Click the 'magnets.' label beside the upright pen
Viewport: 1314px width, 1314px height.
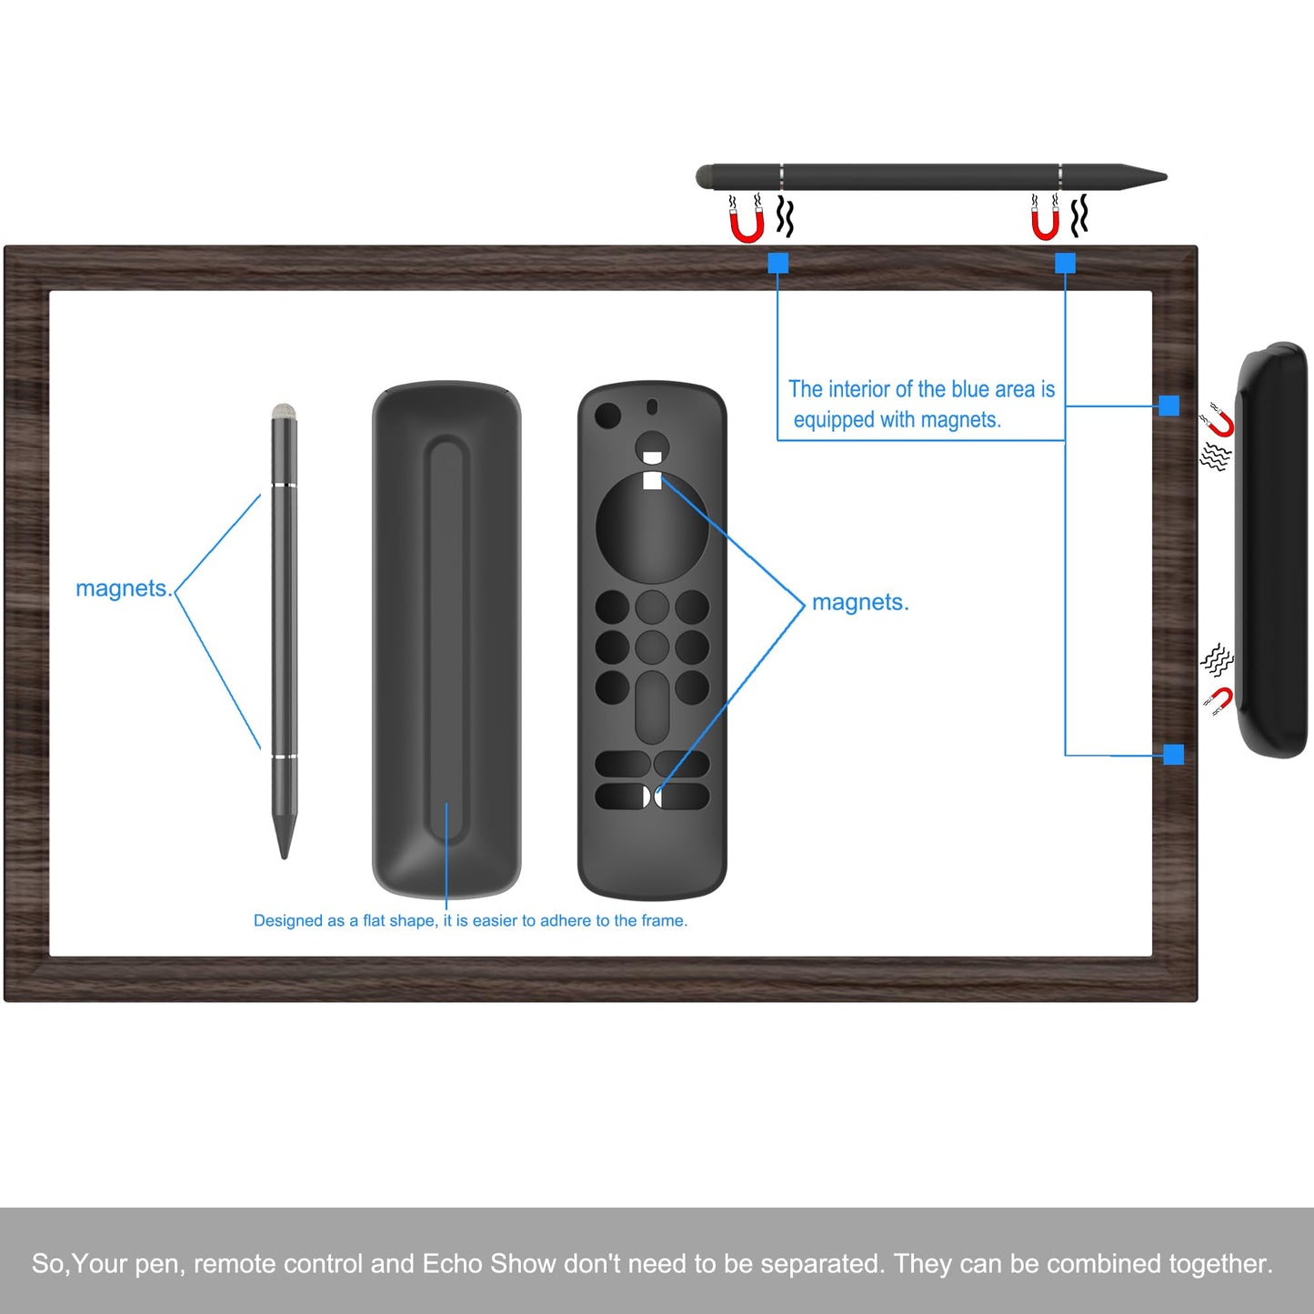tap(124, 588)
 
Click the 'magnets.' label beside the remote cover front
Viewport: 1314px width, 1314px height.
tap(859, 602)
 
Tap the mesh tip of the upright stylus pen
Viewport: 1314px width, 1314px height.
tap(284, 411)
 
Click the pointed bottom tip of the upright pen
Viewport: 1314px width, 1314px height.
tap(284, 852)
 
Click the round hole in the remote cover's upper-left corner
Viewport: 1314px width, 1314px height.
tap(607, 416)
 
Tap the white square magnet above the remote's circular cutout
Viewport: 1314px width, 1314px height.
tap(652, 480)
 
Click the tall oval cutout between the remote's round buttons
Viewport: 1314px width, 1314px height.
tap(652, 707)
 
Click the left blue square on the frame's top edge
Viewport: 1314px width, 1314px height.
tap(777, 263)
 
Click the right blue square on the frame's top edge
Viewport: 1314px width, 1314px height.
tap(1065, 263)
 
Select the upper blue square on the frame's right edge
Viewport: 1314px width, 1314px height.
tap(1169, 406)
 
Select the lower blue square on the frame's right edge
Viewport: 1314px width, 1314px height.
tap(1173, 754)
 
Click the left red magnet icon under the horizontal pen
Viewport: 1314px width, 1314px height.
tap(746, 225)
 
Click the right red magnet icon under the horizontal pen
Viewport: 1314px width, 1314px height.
tap(1045, 223)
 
